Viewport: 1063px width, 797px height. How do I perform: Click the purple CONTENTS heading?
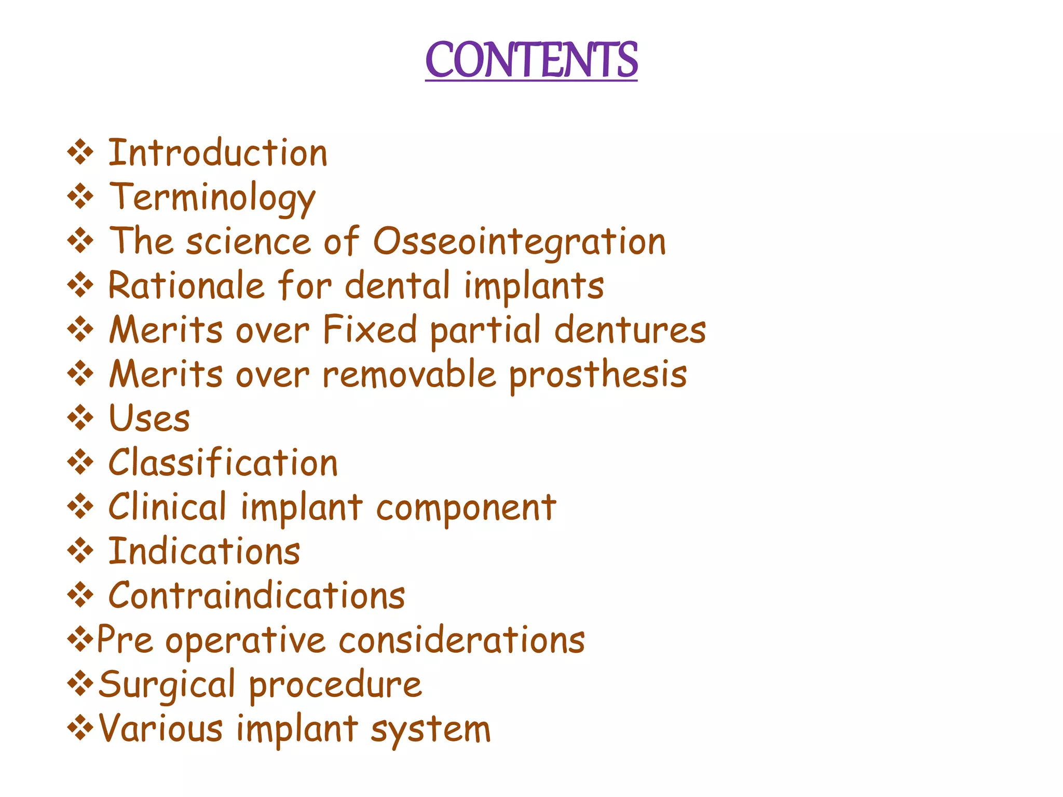(531, 60)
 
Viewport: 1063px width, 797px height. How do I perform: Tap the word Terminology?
(212, 198)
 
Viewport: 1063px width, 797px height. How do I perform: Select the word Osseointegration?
(520, 242)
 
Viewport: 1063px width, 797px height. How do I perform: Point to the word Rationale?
(186, 286)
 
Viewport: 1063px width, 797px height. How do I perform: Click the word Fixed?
(370, 330)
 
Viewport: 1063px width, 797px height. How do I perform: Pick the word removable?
(409, 375)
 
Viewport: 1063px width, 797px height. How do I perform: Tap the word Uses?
(149, 419)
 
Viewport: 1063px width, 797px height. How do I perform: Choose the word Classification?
(223, 463)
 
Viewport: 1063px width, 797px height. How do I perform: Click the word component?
(466, 508)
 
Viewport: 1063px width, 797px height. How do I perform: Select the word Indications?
(204, 552)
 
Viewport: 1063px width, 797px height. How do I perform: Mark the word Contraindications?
(256, 596)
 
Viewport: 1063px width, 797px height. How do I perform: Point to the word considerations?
(462, 640)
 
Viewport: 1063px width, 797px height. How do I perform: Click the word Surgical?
(167, 685)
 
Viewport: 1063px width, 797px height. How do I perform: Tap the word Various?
(161, 729)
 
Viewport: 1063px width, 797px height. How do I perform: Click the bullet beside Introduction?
(80, 153)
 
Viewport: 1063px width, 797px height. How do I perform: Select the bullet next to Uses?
(80, 418)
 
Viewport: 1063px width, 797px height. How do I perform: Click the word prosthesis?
(598, 376)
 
